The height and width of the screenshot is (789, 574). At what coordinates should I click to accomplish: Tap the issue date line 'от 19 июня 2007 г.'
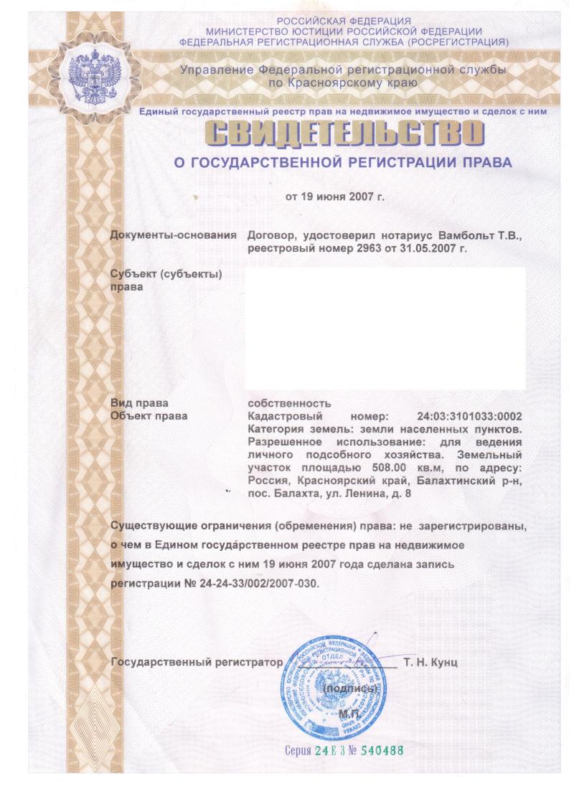coord(335,196)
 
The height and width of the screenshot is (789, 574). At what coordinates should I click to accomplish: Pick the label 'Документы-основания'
coord(174,235)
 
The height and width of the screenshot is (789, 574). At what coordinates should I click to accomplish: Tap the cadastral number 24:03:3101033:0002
coord(469,416)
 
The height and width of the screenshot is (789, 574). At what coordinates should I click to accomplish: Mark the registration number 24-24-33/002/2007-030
coord(257,584)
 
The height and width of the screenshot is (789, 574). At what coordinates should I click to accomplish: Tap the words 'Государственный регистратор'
coord(194,662)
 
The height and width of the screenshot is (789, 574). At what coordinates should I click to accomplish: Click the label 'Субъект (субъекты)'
coord(165,275)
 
